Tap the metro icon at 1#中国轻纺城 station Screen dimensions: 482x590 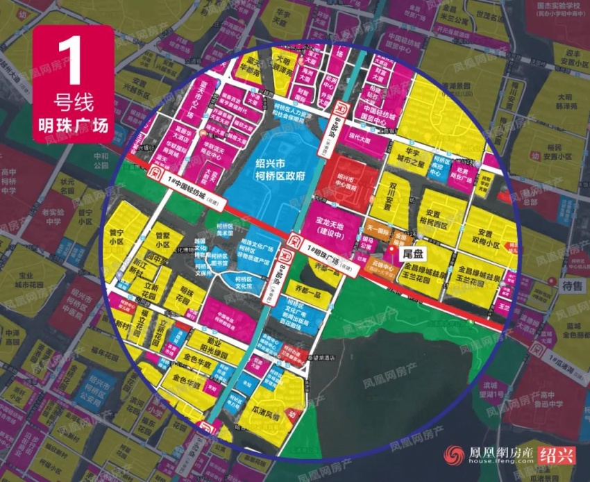[158, 172]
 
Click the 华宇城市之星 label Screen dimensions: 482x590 [414, 158]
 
